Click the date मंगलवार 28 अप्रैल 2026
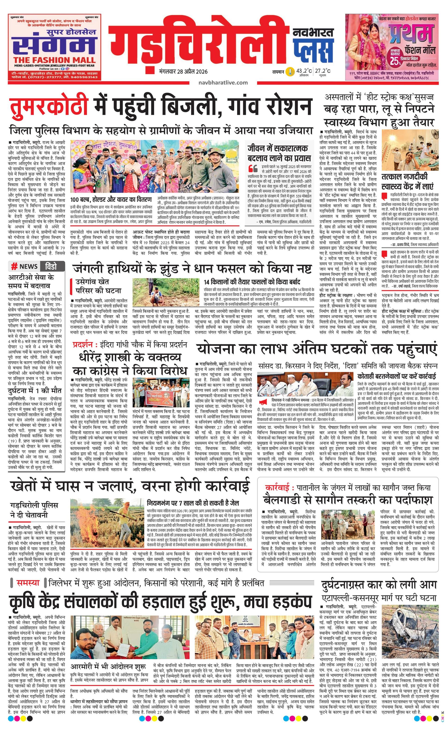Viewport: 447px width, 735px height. pos(183,72)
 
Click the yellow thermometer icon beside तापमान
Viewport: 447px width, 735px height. pos(289,72)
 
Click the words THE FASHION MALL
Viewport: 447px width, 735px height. pos(54,60)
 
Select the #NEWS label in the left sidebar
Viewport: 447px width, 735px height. pos(25,266)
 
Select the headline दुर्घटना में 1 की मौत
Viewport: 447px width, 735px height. pos(34,391)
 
